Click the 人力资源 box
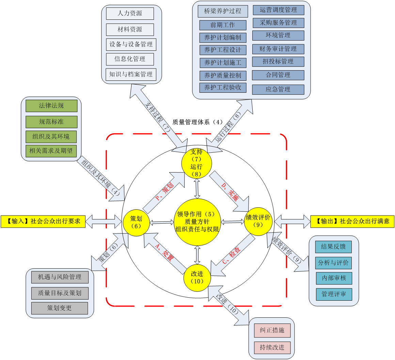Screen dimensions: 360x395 (x=130, y=14)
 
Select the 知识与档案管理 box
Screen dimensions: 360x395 (x=131, y=74)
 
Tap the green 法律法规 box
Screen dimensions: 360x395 (x=51, y=106)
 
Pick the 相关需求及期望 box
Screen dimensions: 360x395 (x=51, y=150)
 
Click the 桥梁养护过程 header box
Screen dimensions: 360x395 (x=223, y=11)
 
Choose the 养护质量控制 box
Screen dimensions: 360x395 (x=223, y=75)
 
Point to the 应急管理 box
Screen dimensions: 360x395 (x=278, y=89)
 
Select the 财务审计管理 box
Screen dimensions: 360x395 (x=278, y=49)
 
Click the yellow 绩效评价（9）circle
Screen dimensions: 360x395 (x=258, y=221)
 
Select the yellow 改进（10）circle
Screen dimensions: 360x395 (x=197, y=277)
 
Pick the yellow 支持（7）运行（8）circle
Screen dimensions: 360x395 (x=196, y=163)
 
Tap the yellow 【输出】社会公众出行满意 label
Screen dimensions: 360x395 (x=352, y=221)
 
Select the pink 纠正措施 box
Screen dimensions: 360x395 (x=272, y=330)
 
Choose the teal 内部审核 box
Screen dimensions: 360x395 (x=334, y=278)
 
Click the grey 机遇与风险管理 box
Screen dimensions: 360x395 (x=60, y=277)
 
